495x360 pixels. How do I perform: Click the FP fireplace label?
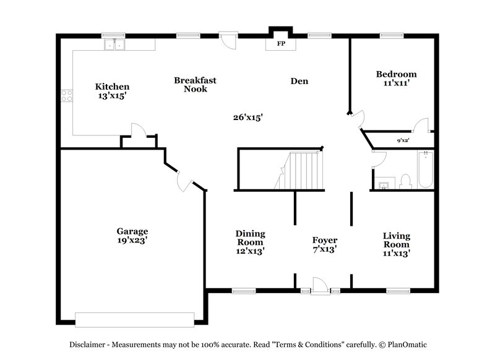pyautogui.click(x=280, y=45)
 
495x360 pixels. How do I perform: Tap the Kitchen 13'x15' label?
pyautogui.click(x=112, y=91)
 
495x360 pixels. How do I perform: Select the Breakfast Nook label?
pyautogui.click(x=195, y=85)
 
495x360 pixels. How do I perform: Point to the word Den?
pyautogui.click(x=300, y=80)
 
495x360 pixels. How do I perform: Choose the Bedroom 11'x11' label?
pyautogui.click(x=396, y=78)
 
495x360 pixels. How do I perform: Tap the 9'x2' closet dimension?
pyautogui.click(x=403, y=141)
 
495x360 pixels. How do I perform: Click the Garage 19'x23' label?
pyautogui.click(x=132, y=236)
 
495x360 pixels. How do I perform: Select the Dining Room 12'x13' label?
pyautogui.click(x=250, y=242)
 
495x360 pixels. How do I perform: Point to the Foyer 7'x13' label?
pyautogui.click(x=324, y=244)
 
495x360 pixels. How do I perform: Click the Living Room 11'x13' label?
pyautogui.click(x=396, y=244)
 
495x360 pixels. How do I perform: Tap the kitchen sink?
pyautogui.click(x=113, y=45)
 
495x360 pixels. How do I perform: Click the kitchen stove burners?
pyautogui.click(x=66, y=95)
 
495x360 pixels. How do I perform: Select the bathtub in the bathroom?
pyautogui.click(x=425, y=170)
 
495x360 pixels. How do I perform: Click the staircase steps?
pyautogui.click(x=300, y=171)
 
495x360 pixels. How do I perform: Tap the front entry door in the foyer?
pyautogui.click(x=319, y=286)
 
